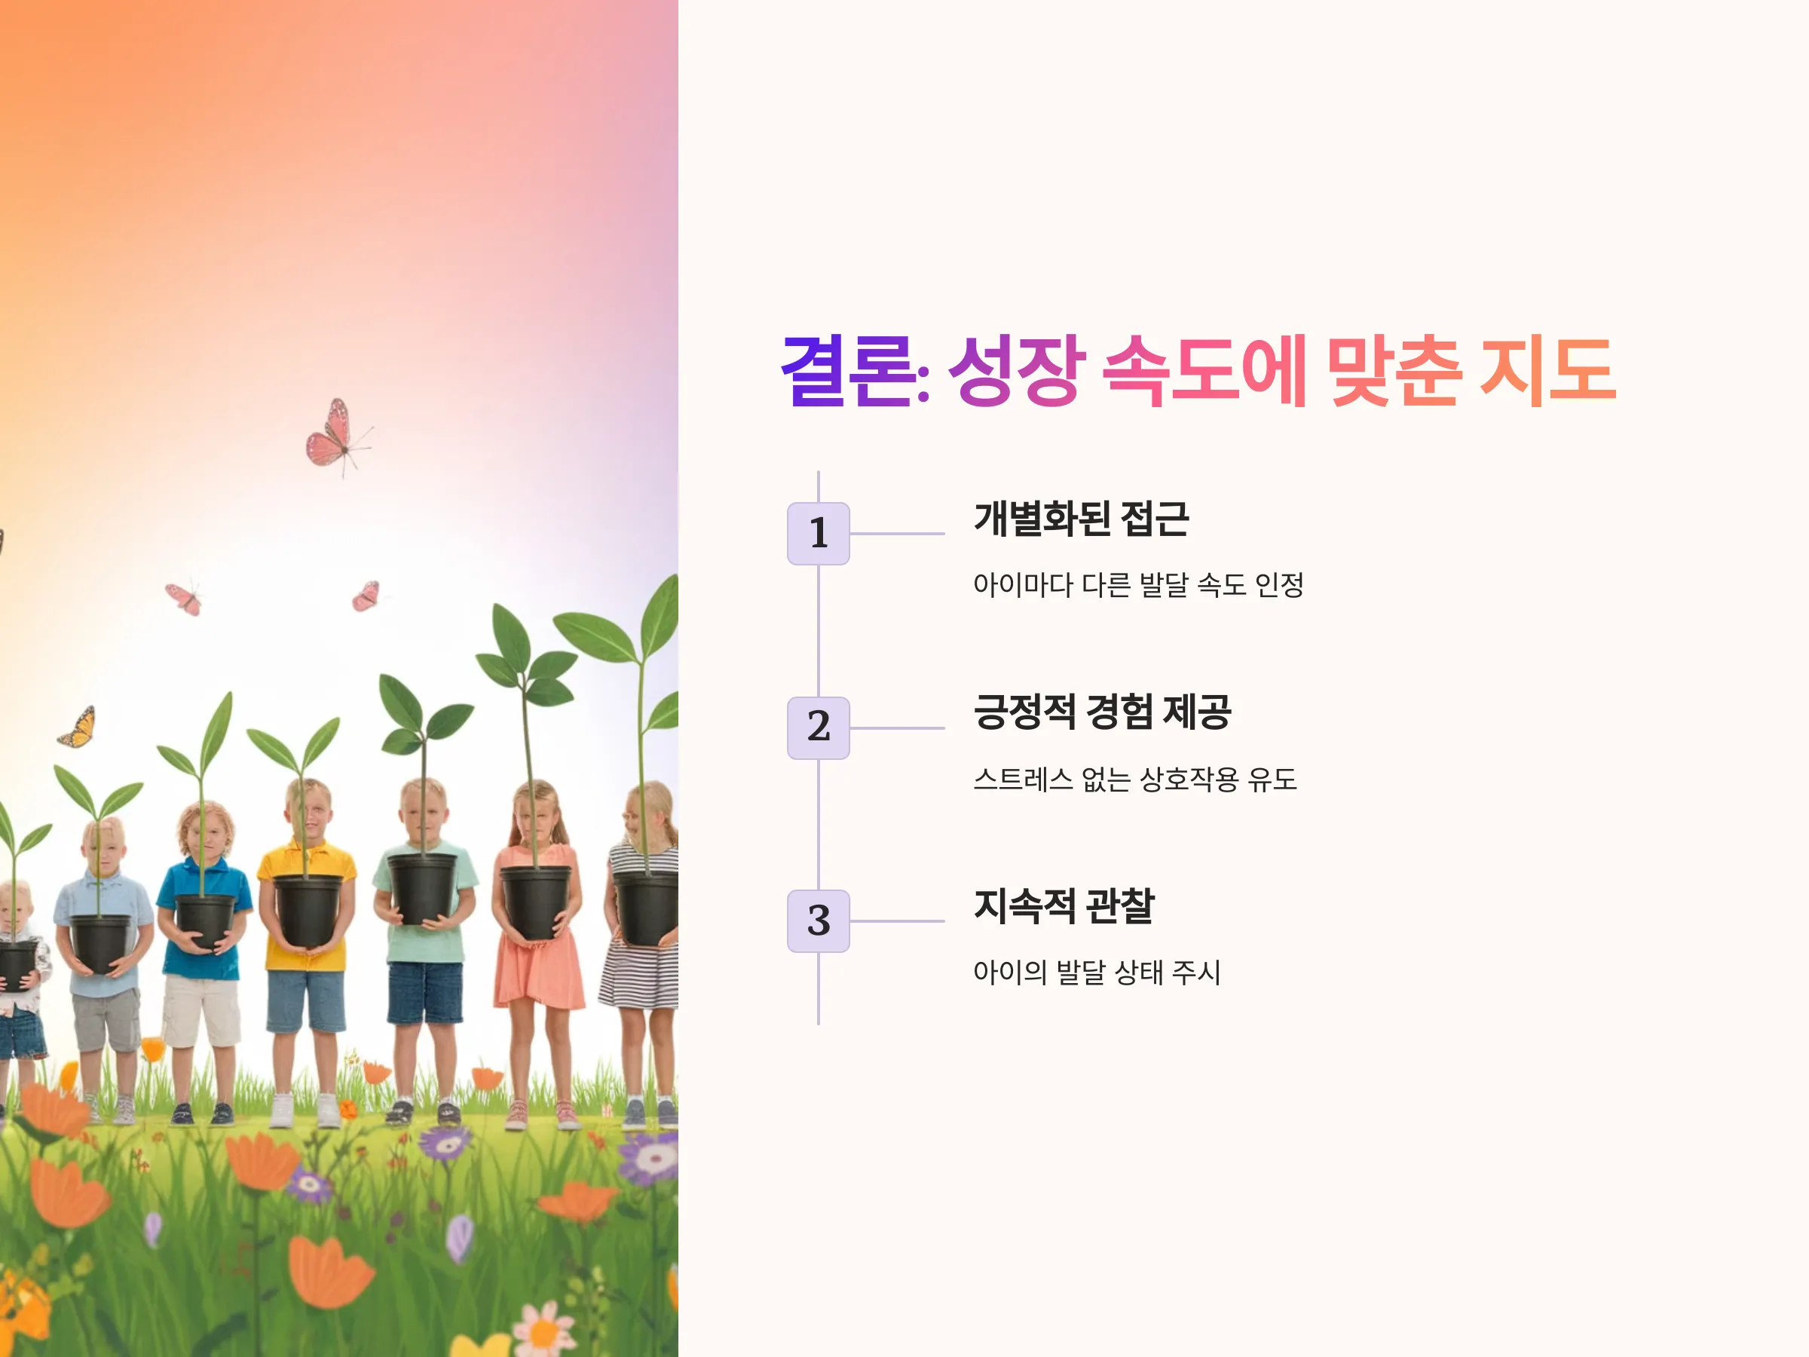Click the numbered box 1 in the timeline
(x=818, y=533)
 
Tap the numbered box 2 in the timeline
(x=818, y=728)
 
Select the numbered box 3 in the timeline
(x=818, y=921)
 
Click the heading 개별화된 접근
(x=1081, y=519)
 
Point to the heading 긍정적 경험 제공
(x=1103, y=712)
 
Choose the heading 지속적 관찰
(x=1064, y=905)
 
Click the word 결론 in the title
(x=848, y=372)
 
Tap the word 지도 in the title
(x=1548, y=372)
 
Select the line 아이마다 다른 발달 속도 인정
(x=1138, y=585)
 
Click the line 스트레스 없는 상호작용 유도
(x=1135, y=779)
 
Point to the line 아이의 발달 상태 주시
(x=1097, y=973)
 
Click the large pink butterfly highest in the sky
(x=337, y=436)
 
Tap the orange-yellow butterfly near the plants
(x=78, y=728)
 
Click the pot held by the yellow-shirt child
(x=308, y=911)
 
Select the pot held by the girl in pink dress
(x=536, y=902)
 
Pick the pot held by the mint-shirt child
(x=422, y=888)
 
